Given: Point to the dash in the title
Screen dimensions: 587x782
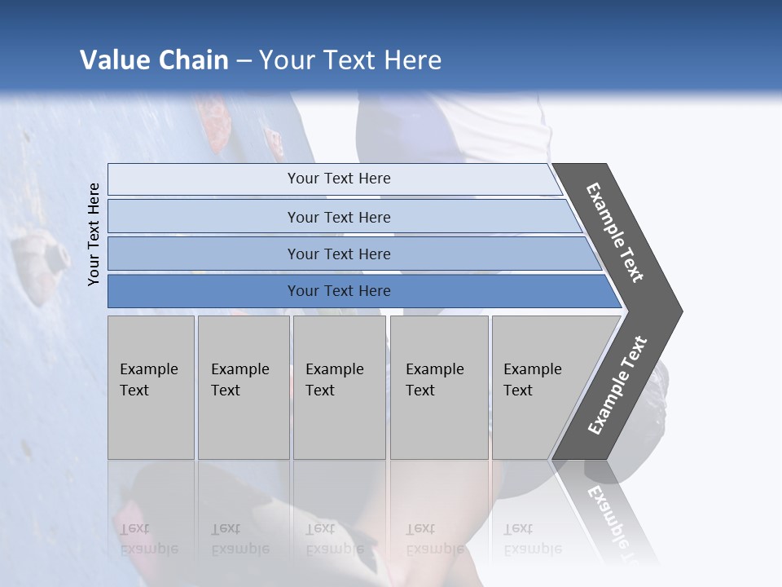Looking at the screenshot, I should coord(244,61).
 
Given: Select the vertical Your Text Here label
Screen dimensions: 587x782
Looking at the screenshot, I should coord(94,234).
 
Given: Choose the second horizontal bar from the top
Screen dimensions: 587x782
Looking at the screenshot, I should coord(338,217).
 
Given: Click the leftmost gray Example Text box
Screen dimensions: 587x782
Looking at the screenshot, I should coord(151,387).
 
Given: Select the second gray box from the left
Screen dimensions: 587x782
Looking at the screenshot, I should coord(244,387).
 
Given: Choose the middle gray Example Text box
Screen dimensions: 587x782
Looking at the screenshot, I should coord(339,387).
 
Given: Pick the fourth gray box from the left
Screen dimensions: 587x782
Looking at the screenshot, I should coord(439,387).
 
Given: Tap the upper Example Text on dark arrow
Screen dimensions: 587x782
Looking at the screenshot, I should coord(615,232).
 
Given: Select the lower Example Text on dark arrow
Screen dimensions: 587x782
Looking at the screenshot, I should coord(617,385).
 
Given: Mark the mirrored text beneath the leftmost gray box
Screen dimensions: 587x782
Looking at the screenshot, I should coord(149,539).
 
